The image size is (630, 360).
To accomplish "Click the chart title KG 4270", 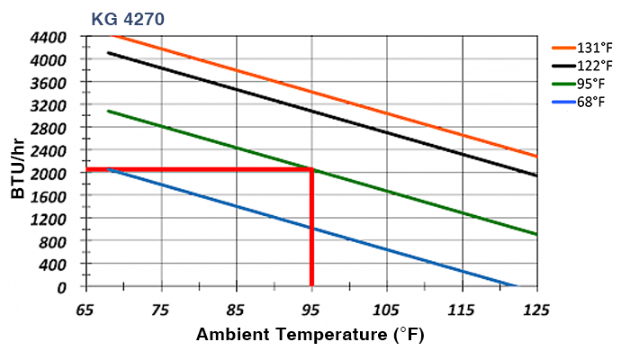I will (127, 17).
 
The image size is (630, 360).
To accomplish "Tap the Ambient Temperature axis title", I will (310, 336).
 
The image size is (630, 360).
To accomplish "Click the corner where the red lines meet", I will (311, 169).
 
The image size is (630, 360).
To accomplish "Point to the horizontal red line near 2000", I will (198, 169).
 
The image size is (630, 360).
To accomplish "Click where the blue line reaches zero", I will (516, 286).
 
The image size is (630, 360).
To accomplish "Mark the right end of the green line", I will (536, 234).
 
